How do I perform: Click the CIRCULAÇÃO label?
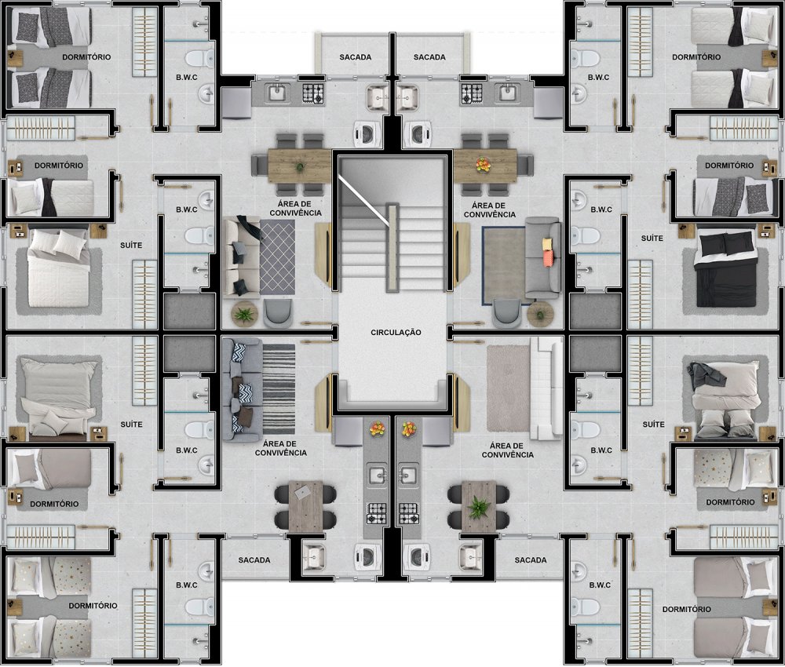pos(396,332)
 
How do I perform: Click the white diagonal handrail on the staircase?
pos(364,200)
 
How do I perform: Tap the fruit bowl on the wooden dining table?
pos(483,165)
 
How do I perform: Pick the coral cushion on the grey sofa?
pos(549,258)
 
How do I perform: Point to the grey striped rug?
pos(279,389)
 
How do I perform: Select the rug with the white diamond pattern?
pos(277,257)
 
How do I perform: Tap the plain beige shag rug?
pos(508,388)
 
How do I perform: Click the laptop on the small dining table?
pos(302,493)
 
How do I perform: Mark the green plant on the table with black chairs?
pos(478,508)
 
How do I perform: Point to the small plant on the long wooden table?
pos(300,167)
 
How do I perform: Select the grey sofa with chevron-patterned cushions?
pos(242,390)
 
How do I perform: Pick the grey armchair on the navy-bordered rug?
pos(506,313)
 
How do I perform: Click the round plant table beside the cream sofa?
pos(244,314)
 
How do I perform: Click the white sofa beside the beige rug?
pos(546,388)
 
